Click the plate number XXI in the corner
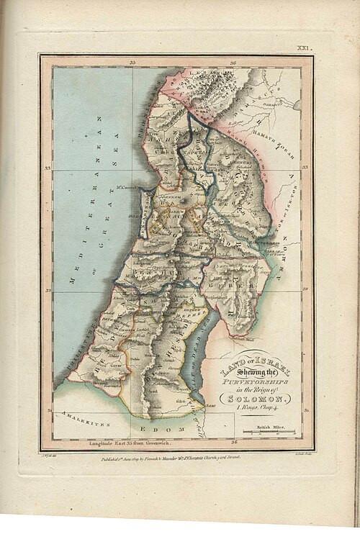tap(303, 48)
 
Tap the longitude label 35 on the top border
tap(133, 63)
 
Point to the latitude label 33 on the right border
tap(305, 168)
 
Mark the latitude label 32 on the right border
tap(305, 289)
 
